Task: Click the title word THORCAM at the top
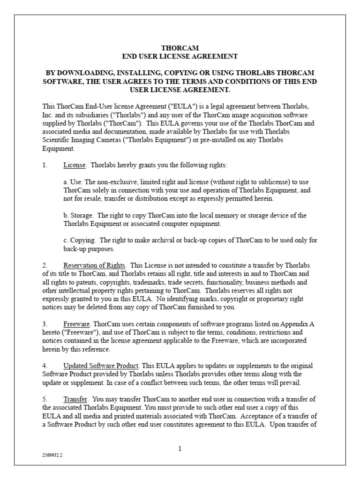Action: (180, 48)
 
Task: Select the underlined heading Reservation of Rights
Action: (94, 265)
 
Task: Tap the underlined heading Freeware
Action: (76, 324)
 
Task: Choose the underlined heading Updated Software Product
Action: (101, 365)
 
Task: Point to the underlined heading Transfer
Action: (75, 398)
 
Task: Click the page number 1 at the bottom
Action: (180, 449)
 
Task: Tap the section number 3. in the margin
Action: (45, 324)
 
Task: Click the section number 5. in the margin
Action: (45, 398)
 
